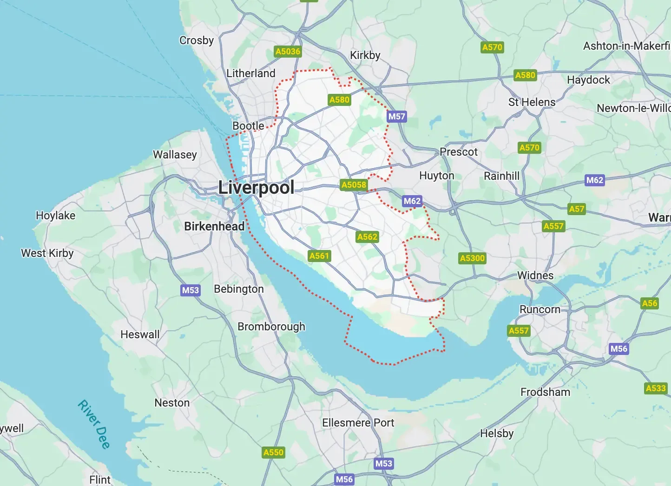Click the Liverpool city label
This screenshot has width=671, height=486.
[256, 188]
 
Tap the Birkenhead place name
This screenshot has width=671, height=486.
[214, 226]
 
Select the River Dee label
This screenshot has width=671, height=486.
[94, 424]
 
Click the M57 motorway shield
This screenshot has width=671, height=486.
[397, 117]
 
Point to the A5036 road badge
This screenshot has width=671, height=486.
[288, 52]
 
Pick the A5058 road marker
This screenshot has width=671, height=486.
[354, 185]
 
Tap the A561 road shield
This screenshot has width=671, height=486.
[319, 256]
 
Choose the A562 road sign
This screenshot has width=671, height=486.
[367, 237]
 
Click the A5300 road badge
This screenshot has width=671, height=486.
[472, 258]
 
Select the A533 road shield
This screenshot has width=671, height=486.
[656, 388]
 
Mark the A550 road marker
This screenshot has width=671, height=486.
[273, 453]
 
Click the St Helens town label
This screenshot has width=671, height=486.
[532, 102]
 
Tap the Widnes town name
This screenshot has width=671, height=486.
[535, 276]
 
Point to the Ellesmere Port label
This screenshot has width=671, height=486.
[358, 423]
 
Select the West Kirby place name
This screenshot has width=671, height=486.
[47, 253]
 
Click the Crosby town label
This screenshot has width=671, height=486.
[197, 40]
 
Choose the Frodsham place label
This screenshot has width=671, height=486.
[545, 392]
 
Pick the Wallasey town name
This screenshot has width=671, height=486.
[175, 155]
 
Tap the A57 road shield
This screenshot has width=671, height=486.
[577, 209]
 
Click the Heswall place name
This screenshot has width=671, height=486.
[140, 335]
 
